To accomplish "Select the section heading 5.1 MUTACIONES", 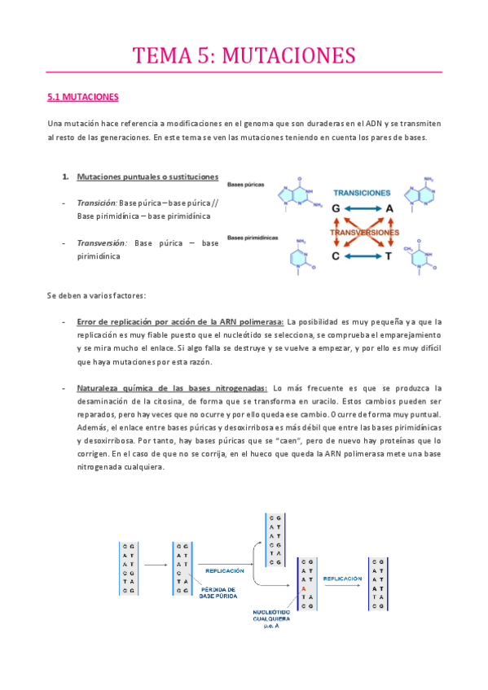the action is (84, 98).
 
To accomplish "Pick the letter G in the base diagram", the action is (313, 209).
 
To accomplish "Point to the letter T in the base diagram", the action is (389, 255).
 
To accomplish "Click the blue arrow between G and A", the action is (350, 209).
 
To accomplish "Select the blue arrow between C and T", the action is (350, 255).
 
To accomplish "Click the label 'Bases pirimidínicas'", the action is (253, 238).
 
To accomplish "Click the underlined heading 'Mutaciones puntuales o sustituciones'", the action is (147, 177).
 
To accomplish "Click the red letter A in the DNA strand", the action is (303, 588).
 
